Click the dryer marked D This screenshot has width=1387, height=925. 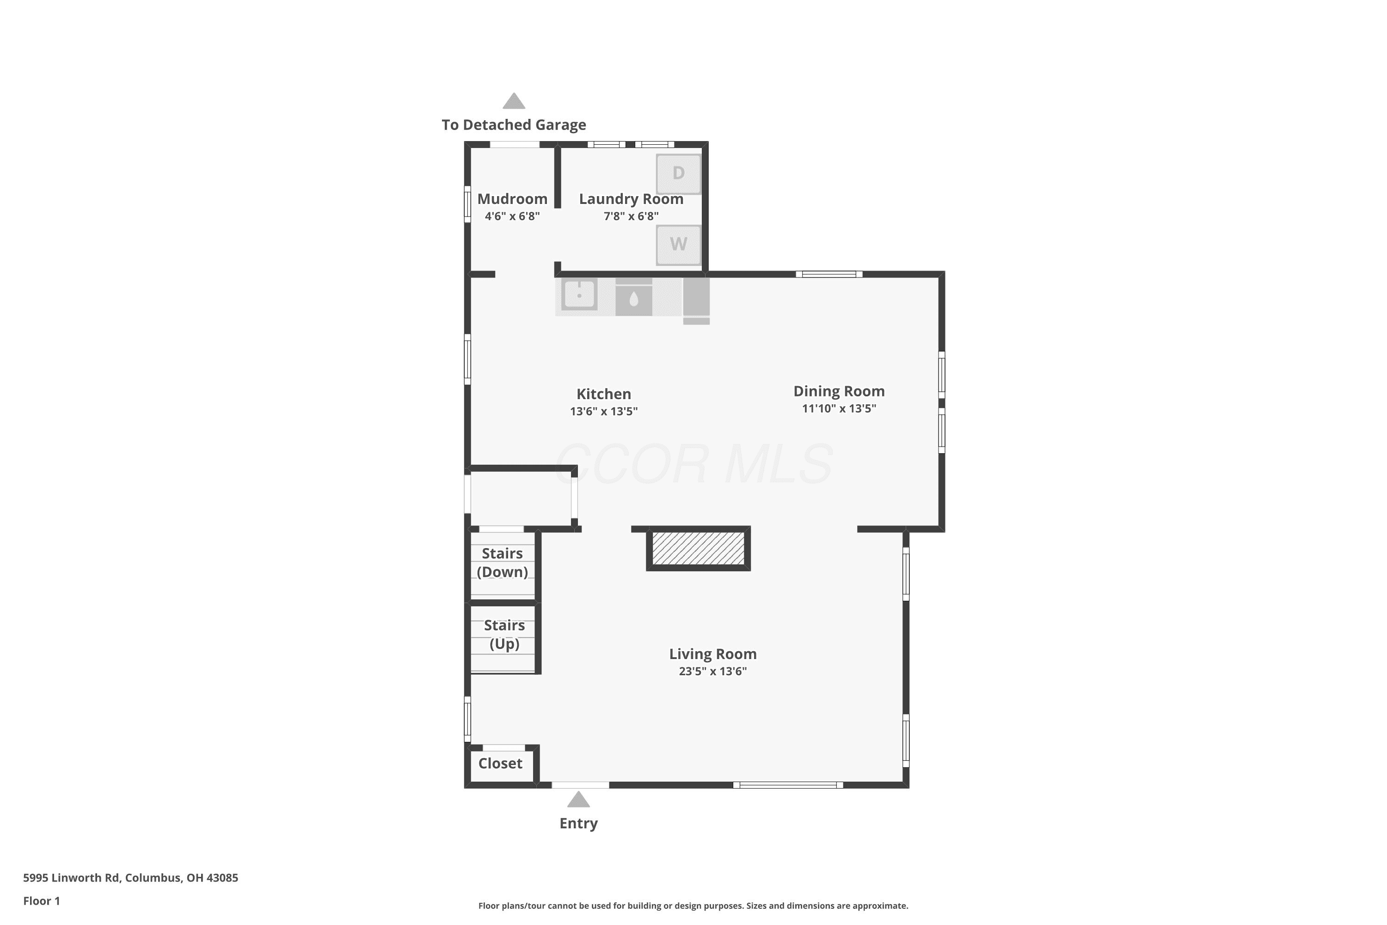coord(678,173)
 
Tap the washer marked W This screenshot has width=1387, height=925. coord(678,244)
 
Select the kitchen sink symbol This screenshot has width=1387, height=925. coord(579,294)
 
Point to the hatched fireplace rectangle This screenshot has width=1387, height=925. coord(698,548)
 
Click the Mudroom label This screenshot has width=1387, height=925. coord(512,199)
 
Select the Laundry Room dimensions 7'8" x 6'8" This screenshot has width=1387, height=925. coord(631,216)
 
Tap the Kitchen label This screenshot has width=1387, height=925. coord(603,394)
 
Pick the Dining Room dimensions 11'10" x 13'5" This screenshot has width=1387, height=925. coord(839,408)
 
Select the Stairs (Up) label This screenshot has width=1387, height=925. coord(504,634)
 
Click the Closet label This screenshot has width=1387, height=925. coord(500,764)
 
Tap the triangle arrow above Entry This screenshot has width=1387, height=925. coord(578,800)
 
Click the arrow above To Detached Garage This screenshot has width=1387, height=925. coord(514,101)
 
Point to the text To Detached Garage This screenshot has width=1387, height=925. coord(514,124)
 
